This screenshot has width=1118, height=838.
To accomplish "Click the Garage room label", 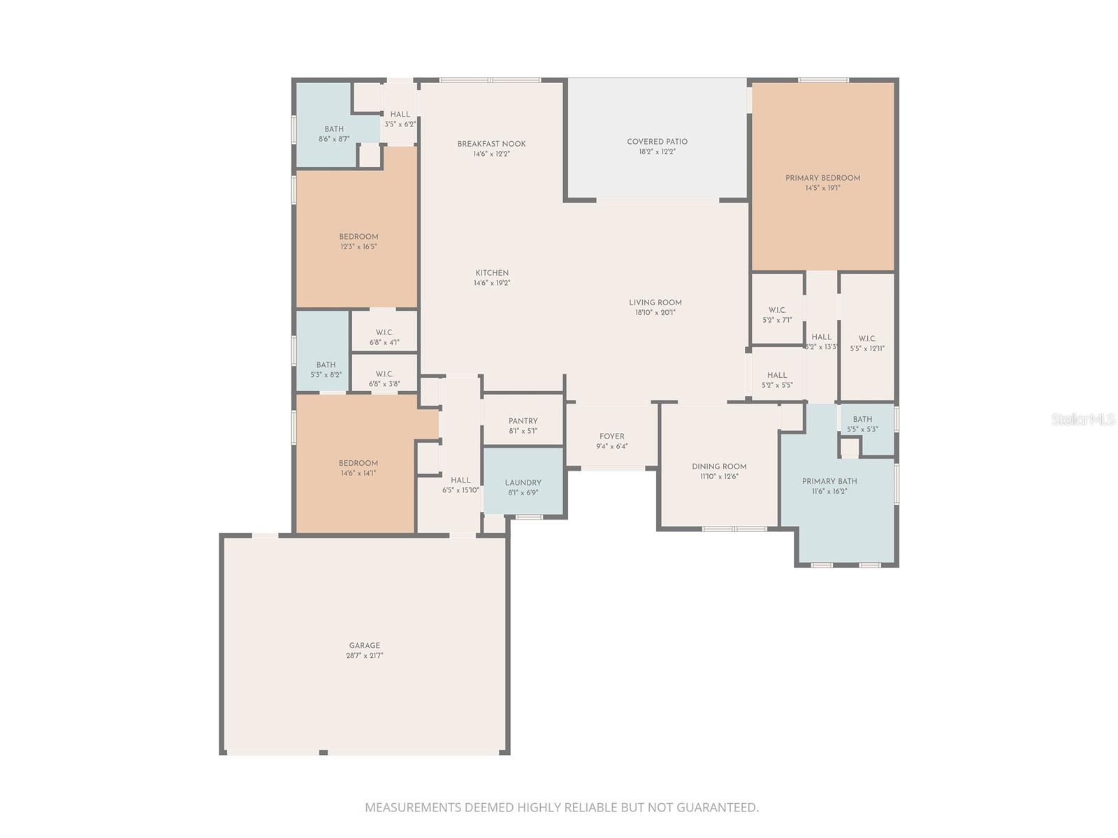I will pos(365,646).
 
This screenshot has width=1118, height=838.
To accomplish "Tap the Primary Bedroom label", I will pos(822,178).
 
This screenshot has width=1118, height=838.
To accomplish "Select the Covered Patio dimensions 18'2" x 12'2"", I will pos(657,152).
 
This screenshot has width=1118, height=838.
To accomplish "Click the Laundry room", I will pos(523,483).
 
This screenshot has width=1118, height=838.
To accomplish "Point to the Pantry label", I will pos(523,421).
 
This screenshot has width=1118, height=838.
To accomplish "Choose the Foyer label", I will pos(611,436).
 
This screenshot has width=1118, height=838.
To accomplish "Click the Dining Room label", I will pos(719,466).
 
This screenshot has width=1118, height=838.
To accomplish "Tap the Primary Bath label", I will pos(829,481).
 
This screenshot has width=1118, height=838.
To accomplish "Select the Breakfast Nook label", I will pos(491,144).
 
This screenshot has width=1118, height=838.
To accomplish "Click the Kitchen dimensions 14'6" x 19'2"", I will pos(492,284).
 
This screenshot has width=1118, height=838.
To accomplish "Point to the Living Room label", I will pos(655,302).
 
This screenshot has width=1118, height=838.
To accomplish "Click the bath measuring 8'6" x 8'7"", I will pos(334,133).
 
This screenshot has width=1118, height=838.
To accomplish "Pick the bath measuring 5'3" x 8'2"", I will pos(326,369).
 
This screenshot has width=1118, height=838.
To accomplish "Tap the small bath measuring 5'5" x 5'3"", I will pos(862,424).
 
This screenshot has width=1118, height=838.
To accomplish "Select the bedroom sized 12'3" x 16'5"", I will pos(358,241).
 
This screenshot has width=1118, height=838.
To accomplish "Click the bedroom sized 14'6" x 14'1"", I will pos(358,468).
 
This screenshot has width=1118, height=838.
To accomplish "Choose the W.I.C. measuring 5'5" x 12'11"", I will pos(867,343).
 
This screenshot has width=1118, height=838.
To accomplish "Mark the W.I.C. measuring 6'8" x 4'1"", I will pos(384,337).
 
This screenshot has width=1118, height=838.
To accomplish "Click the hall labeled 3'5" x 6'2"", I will pos(400,119).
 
